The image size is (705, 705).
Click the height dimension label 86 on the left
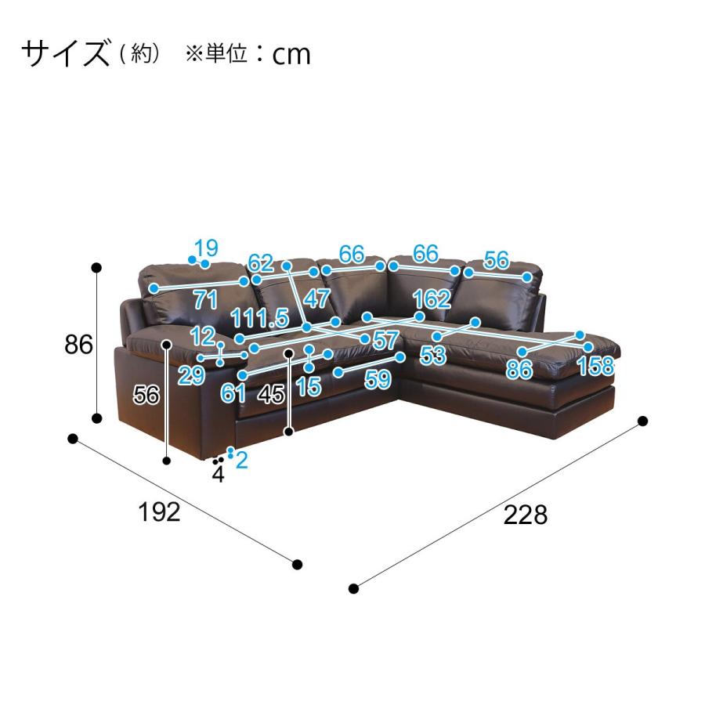tap(79, 345)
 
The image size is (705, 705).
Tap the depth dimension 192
tap(159, 512)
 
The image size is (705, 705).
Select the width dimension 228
tap(525, 515)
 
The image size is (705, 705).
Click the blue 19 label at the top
tap(206, 248)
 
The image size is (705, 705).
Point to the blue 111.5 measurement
tap(259, 317)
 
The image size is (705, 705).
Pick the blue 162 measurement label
tap(432, 298)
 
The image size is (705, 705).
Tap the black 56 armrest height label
tap(146, 396)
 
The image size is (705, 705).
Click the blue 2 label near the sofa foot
tap(241, 460)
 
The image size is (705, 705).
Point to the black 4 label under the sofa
tap(218, 474)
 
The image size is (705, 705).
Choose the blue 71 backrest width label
tap(205, 298)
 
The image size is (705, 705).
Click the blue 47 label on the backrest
tap(316, 298)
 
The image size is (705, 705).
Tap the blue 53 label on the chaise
tap(432, 356)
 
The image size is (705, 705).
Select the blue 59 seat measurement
tap(378, 380)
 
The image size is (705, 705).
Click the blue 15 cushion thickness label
tap(309, 385)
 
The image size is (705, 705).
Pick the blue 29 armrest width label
tap(191, 377)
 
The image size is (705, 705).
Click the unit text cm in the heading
tap(291, 54)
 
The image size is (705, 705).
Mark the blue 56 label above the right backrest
tap(496, 259)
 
